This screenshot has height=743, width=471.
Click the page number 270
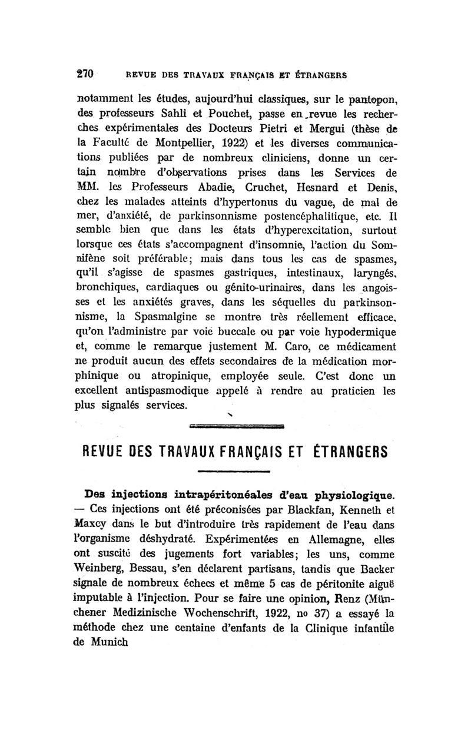click(x=87, y=75)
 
